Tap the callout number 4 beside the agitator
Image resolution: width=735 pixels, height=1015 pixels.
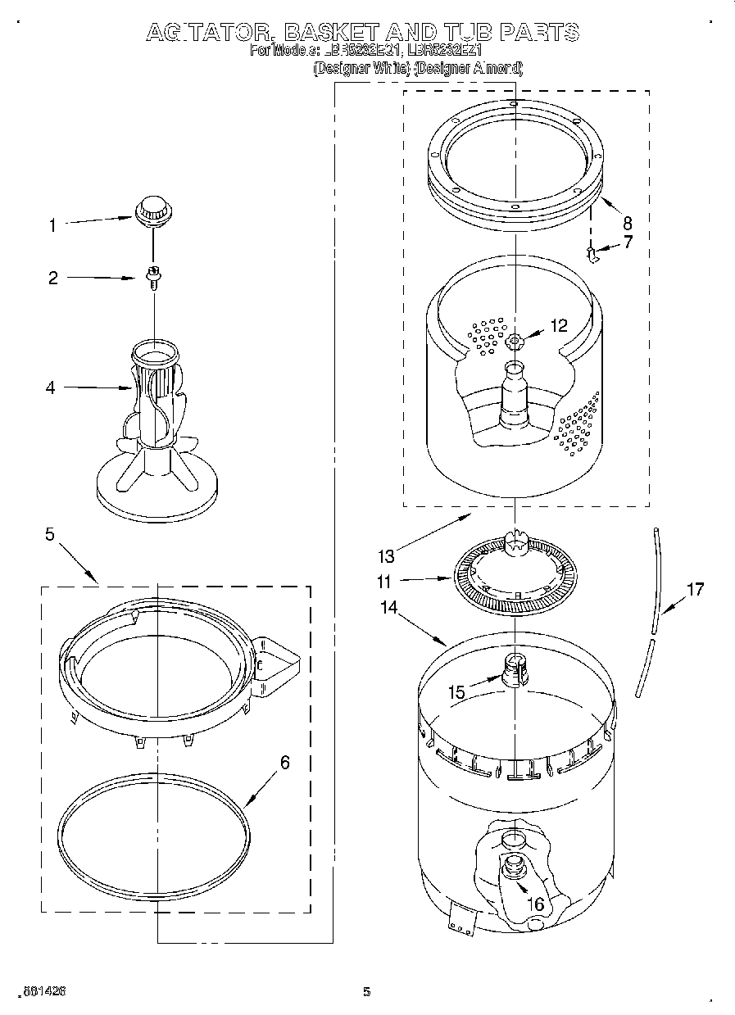(51, 388)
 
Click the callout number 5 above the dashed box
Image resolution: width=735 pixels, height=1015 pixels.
(50, 535)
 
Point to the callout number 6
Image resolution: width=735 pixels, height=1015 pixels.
(284, 762)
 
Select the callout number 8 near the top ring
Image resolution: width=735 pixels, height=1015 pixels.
(627, 222)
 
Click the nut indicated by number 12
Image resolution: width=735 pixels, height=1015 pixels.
(514, 341)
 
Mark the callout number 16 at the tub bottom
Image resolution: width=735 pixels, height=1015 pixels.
(535, 904)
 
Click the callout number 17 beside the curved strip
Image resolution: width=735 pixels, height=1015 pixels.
(695, 589)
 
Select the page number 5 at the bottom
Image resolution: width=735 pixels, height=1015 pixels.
(366, 992)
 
